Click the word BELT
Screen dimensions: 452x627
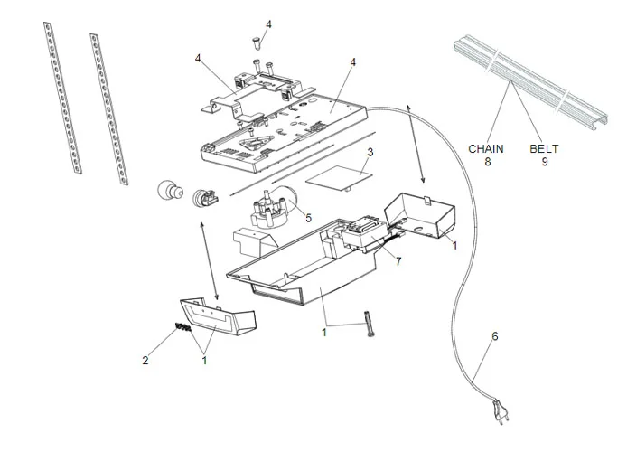coord(545,147)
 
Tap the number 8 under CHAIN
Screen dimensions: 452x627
coord(489,162)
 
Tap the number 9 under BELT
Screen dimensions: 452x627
coord(545,162)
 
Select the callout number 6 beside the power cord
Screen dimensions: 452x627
coord(494,336)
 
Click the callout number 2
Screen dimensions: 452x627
coord(145,360)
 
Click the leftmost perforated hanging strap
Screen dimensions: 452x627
coord(60,95)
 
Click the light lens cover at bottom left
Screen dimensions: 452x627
coord(217,315)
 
